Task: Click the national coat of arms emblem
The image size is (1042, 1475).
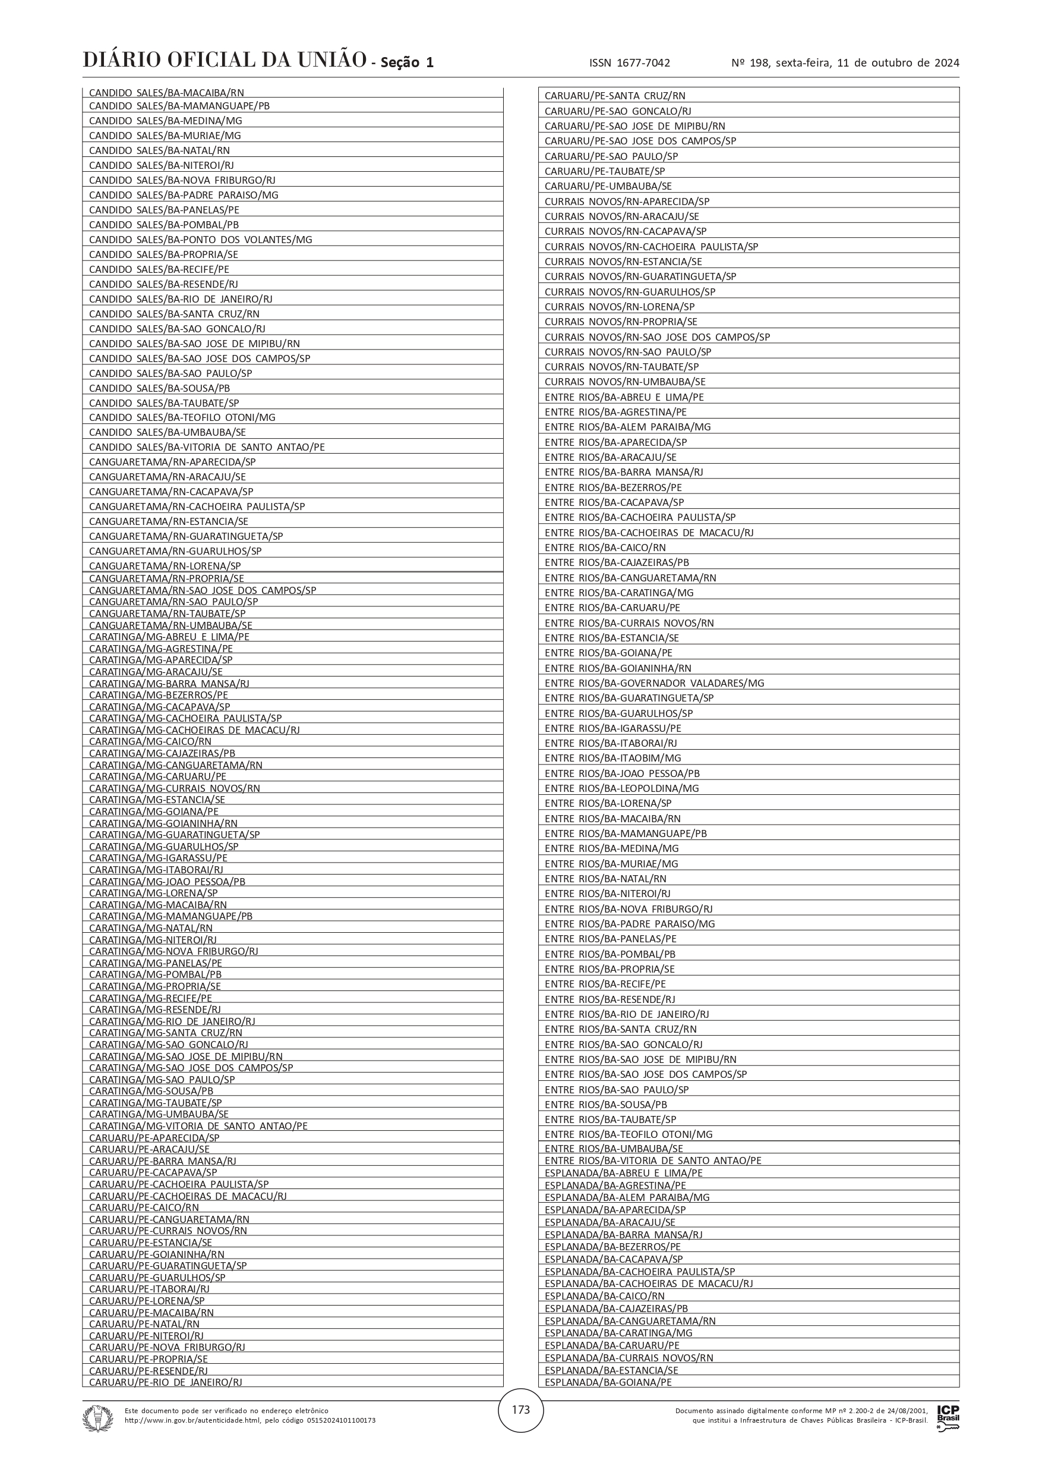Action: [x=97, y=1418]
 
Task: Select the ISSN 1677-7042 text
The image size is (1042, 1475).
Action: [x=629, y=63]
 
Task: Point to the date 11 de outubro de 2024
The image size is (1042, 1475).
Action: [x=898, y=63]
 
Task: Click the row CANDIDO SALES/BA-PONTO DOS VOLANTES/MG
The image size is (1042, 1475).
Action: [x=200, y=240]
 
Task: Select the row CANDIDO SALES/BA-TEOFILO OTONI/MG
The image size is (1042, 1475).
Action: [x=182, y=417]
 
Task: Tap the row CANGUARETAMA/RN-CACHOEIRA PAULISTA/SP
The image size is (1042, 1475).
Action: [x=197, y=506]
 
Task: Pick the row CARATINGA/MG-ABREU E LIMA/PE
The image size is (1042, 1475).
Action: [x=169, y=637]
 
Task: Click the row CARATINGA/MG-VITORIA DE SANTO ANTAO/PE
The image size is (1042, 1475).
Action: [x=198, y=1125]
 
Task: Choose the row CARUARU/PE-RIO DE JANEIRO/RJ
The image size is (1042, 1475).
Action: [x=165, y=1382]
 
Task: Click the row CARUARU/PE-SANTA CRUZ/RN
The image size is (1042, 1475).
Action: [x=614, y=96]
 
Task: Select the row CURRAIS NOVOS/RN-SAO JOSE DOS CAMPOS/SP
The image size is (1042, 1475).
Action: [x=657, y=336]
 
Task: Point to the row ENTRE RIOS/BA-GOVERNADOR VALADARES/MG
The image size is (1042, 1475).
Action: [x=654, y=683]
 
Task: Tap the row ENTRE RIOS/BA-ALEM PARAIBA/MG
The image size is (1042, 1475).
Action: [x=627, y=427]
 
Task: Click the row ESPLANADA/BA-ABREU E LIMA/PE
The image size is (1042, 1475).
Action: [x=623, y=1172]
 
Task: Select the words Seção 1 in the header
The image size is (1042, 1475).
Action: [x=407, y=62]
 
